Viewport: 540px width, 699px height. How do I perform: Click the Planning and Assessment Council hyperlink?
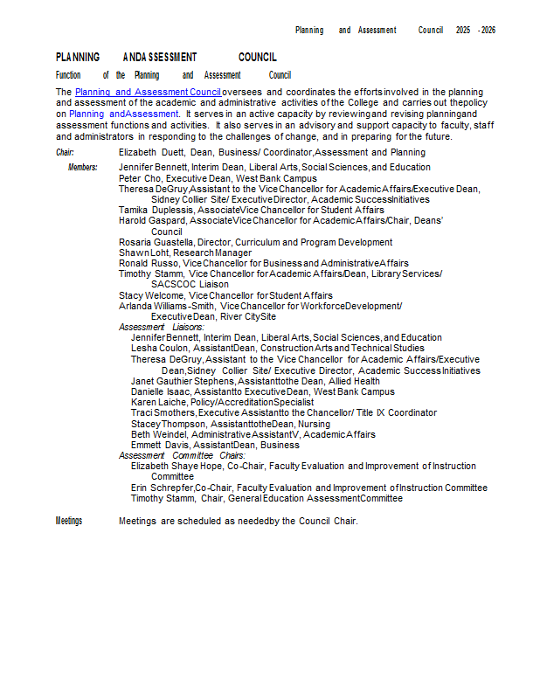(x=148, y=92)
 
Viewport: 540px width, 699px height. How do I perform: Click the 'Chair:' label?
(x=66, y=153)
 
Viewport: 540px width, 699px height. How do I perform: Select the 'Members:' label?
(x=83, y=166)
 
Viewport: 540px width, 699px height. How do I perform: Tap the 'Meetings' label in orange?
(x=69, y=521)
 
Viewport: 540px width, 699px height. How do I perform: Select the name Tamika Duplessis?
(x=156, y=210)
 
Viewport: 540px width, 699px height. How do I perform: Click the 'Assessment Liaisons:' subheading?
(x=162, y=327)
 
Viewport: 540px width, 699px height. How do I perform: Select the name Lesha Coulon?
(x=157, y=348)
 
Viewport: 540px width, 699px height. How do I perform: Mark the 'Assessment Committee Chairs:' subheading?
(x=182, y=455)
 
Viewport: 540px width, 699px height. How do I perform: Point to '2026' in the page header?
(x=488, y=30)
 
